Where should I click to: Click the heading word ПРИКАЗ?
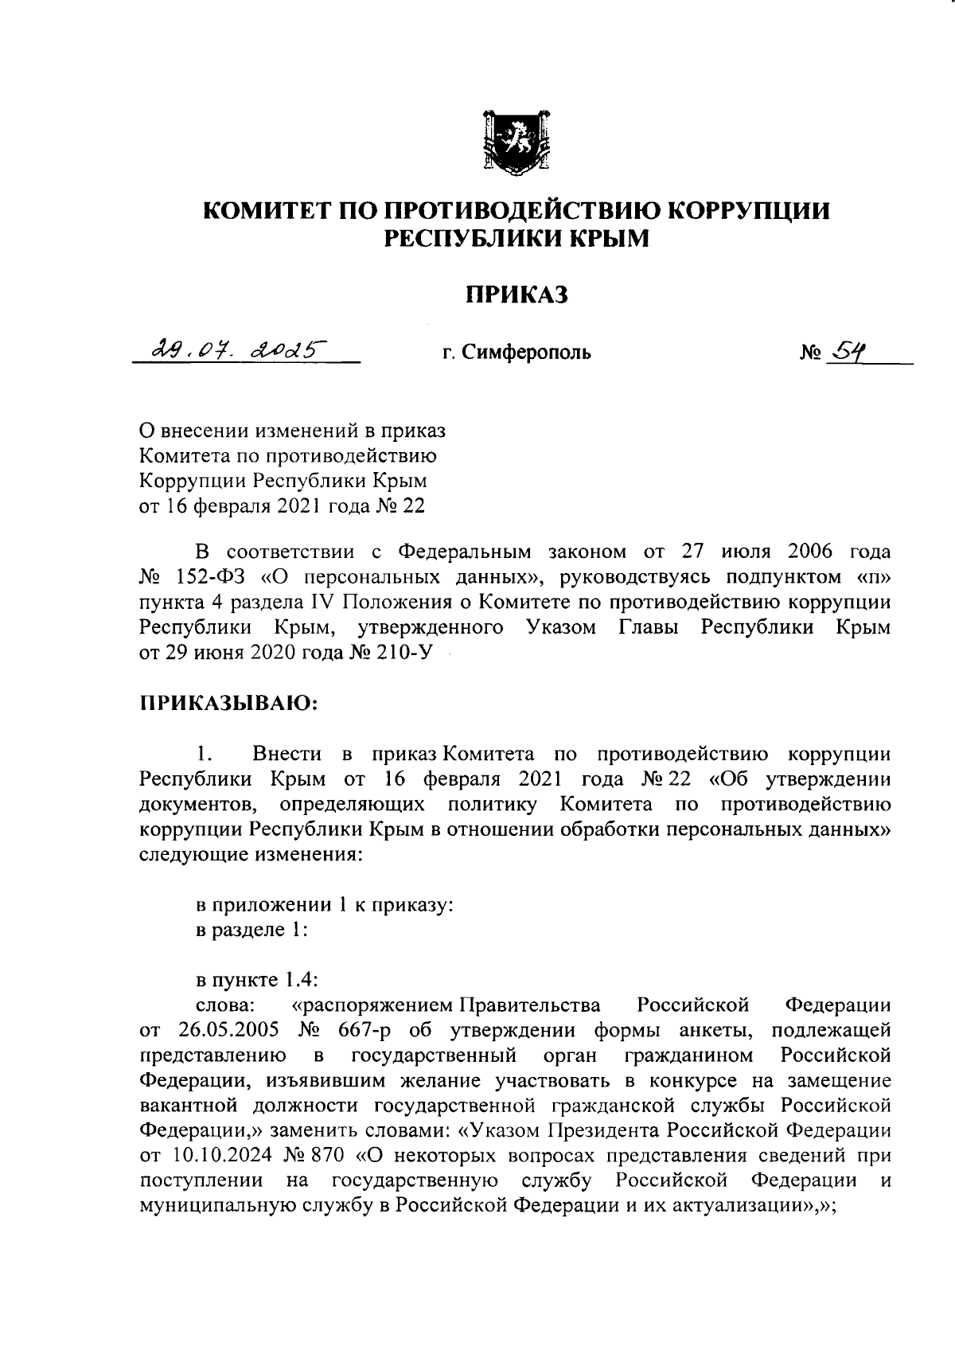tap(516, 295)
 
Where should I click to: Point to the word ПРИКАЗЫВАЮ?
tap(230, 703)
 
